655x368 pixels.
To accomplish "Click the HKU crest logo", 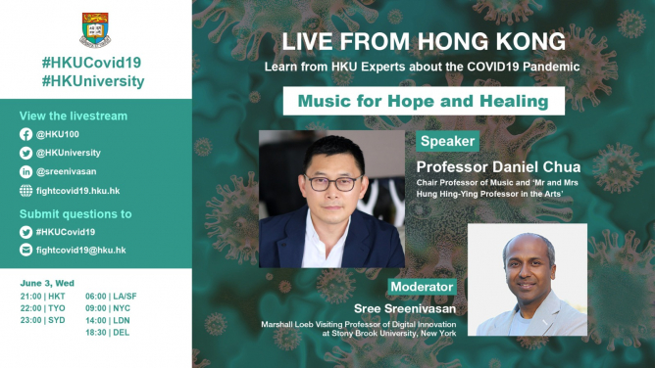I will click(x=94, y=31).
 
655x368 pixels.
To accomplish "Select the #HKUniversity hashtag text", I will click(x=94, y=81).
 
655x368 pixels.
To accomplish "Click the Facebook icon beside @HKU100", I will click(x=25, y=135).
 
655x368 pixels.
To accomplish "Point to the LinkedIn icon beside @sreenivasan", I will click(x=25, y=170).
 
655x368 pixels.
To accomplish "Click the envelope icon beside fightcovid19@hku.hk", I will click(x=25, y=250).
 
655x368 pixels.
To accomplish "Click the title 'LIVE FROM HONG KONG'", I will click(x=423, y=42).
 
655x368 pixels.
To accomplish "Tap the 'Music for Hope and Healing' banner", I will click(x=424, y=102).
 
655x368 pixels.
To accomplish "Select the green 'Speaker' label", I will click(x=447, y=142).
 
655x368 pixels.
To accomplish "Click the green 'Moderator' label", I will click(x=421, y=287).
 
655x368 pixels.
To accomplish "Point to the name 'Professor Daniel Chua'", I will click(x=498, y=167).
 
